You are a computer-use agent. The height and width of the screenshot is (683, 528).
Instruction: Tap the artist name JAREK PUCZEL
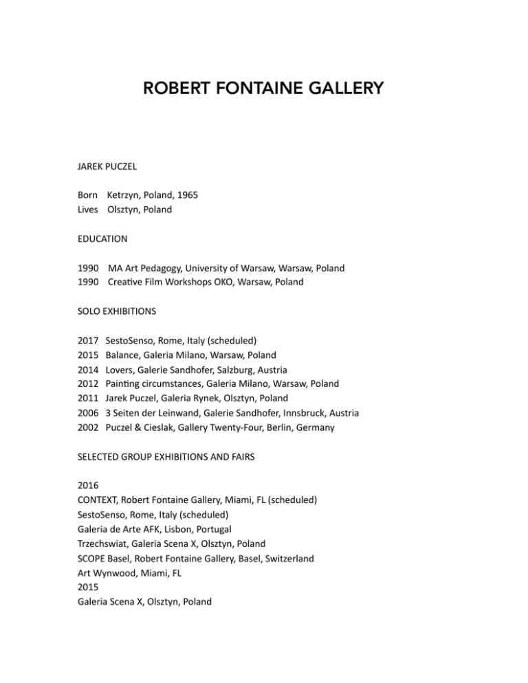tap(112, 166)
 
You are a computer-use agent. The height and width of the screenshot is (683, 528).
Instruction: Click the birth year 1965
tap(186, 195)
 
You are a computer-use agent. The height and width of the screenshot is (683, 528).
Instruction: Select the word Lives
tap(89, 210)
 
